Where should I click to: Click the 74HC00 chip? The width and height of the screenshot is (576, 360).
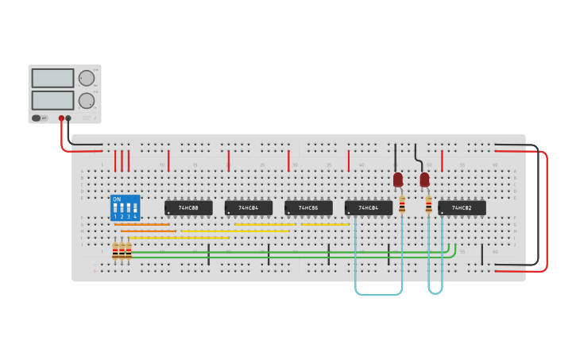coord(188,208)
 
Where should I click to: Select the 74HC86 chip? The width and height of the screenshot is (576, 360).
coord(308,208)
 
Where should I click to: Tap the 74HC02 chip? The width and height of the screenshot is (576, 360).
coord(462,208)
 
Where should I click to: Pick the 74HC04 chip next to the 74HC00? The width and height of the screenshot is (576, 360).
coord(248,208)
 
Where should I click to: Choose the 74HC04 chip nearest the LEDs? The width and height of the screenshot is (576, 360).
coord(368,208)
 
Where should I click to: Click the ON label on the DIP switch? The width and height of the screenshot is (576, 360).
coord(117,199)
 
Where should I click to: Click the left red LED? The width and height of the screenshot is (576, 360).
coord(398,180)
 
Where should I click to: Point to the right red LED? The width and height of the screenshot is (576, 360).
coord(424,180)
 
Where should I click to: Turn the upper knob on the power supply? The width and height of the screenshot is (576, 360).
coord(86,78)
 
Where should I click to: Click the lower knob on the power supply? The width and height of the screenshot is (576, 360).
coord(86,101)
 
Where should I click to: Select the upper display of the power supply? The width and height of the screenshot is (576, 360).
coord(52,78)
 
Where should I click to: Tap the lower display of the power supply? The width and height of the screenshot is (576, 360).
coord(52,100)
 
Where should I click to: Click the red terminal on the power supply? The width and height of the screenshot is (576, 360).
coord(61,118)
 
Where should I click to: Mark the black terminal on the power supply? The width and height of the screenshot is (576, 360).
coord(68,118)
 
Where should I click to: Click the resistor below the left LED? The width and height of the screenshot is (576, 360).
coord(402,205)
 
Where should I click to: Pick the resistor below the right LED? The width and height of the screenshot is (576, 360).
coord(428,205)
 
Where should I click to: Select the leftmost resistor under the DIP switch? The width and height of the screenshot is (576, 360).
coord(115,252)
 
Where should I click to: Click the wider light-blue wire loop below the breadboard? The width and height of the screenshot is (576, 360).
coord(379,294)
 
